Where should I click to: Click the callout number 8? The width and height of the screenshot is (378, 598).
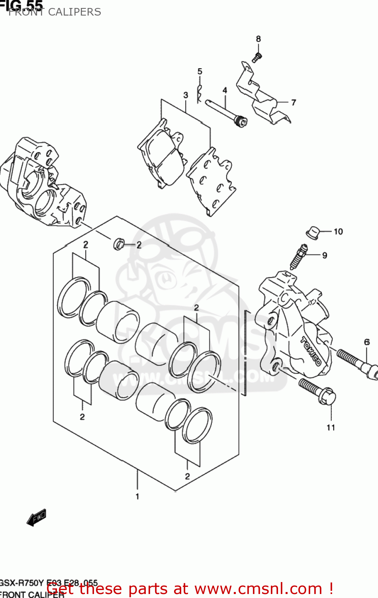[258, 39]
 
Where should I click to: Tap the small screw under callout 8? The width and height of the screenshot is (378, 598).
[257, 57]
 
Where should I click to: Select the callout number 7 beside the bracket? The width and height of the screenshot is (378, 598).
[294, 102]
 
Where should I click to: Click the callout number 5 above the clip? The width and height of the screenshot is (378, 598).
[200, 71]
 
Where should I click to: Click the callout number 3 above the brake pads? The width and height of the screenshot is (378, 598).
[186, 95]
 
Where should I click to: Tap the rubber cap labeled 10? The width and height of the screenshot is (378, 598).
[313, 232]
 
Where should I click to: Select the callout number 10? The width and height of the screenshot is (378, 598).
[338, 232]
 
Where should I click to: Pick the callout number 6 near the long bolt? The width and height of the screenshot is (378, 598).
[367, 342]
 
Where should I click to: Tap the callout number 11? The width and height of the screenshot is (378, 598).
[331, 427]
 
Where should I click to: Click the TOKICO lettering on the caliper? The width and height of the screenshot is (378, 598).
[311, 351]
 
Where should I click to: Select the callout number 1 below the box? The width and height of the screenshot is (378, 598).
[137, 496]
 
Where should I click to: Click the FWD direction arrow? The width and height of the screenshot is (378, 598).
[36, 517]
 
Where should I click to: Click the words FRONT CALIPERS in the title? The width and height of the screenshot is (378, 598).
[55, 12]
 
